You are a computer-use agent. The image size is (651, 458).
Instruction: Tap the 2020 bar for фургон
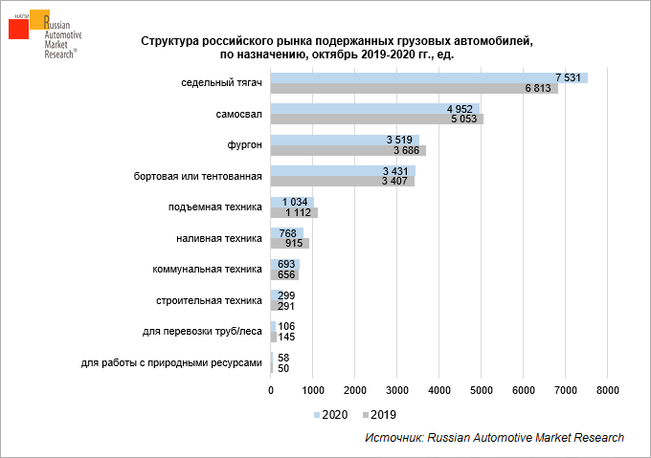click(x=325, y=140)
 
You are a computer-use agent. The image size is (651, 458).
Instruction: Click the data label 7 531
click(x=568, y=77)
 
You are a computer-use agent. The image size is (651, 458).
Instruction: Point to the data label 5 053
click(x=464, y=120)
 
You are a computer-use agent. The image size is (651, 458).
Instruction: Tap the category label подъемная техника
click(x=214, y=207)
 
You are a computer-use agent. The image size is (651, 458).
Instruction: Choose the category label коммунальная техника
click(x=207, y=270)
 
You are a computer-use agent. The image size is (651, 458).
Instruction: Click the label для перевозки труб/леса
click(x=201, y=332)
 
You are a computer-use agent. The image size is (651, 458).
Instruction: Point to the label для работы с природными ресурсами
click(x=171, y=362)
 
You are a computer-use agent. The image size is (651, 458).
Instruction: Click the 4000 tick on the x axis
click(x=439, y=390)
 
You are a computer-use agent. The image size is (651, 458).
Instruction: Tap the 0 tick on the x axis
click(x=271, y=390)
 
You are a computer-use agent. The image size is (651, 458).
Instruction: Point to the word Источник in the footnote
click(x=393, y=437)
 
